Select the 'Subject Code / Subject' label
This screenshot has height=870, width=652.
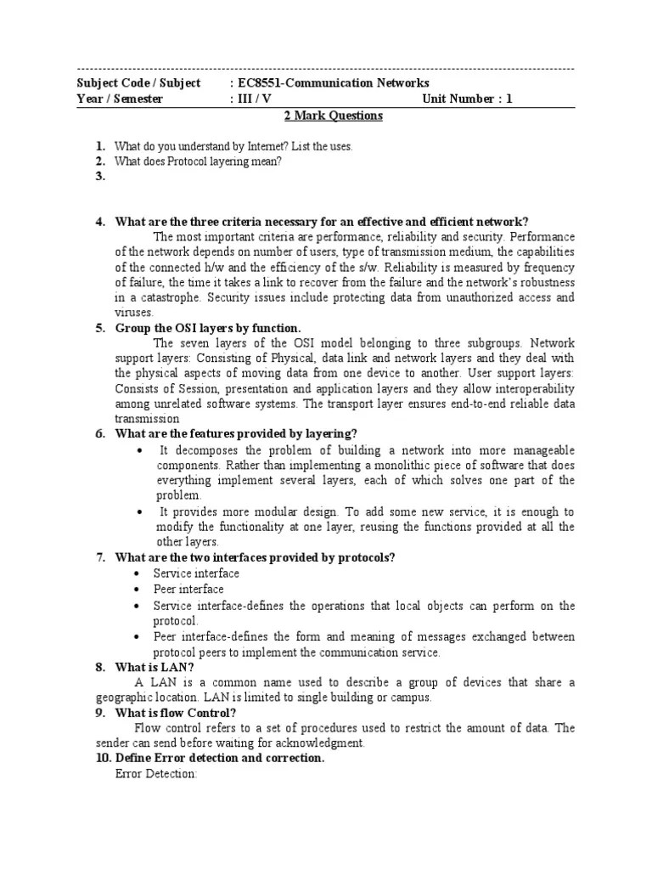(x=138, y=82)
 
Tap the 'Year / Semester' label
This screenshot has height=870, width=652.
(x=120, y=99)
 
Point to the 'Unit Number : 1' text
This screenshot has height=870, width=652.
(x=467, y=99)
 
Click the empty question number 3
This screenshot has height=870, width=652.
(x=100, y=177)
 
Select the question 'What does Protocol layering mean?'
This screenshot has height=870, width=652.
(x=197, y=161)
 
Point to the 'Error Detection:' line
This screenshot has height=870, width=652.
(x=155, y=774)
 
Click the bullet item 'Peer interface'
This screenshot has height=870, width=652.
(x=188, y=589)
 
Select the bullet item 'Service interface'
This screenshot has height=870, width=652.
(x=196, y=573)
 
